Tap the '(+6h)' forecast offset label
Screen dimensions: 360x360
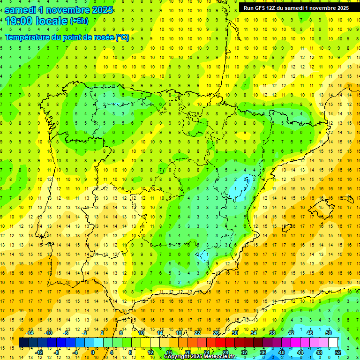click(x=79, y=21)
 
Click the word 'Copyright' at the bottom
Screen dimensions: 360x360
click(x=177, y=357)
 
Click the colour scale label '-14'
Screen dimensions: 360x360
click(x=29, y=333)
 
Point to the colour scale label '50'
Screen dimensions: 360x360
click(x=329, y=333)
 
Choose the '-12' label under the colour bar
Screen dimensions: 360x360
click(x=39, y=352)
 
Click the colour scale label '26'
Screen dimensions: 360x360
click(x=216, y=333)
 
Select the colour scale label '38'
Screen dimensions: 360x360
click(x=272, y=333)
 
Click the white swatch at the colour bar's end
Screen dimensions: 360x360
click(x=333, y=343)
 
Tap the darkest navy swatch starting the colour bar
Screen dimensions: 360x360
click(x=24, y=343)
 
